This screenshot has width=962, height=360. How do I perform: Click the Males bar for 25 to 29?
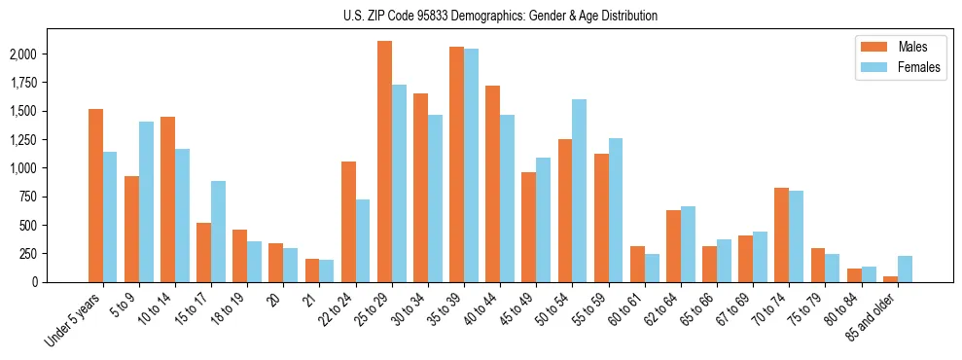pos(384,162)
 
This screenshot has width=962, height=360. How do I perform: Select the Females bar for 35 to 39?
pos(471,165)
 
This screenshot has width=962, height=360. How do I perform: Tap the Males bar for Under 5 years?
pos(95,196)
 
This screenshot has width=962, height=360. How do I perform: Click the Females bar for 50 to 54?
pos(579,191)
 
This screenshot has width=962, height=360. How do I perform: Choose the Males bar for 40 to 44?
pos(492,184)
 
